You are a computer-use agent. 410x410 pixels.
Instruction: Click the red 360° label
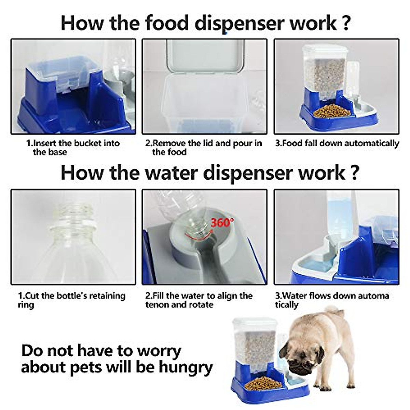coord(222,223)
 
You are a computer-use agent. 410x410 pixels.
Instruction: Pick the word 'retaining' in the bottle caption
coord(106,296)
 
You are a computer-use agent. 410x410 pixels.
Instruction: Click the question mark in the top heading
coord(346,23)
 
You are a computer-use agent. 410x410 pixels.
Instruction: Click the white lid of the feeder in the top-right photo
coord(327,50)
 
